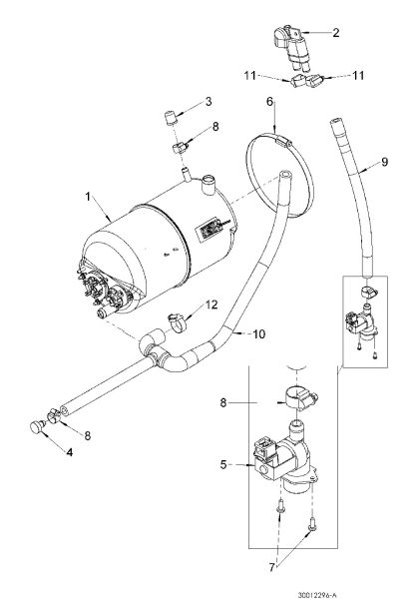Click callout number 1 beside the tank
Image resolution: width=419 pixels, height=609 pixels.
pos(88,197)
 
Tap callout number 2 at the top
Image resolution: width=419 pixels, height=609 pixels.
pos(336,32)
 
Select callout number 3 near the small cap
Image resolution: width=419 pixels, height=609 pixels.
pos(209,102)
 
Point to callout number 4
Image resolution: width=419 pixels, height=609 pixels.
pos(70,452)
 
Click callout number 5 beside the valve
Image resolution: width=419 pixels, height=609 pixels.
pos(223,464)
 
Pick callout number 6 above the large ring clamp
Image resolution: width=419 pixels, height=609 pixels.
pos(270,102)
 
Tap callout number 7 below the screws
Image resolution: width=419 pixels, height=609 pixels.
pos(271,567)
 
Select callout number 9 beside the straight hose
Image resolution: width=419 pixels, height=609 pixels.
pos(384,162)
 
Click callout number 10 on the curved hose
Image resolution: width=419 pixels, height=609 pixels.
pos(258,334)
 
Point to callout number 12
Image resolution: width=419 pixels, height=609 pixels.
pos(211,304)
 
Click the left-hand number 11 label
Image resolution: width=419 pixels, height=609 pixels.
pos(249,75)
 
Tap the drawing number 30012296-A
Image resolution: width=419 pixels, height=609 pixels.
pos(314,595)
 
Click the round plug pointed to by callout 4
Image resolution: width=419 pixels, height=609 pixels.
pos(37,427)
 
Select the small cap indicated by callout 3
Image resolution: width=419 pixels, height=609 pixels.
pos(170,118)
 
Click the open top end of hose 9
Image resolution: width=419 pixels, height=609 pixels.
pos(335,122)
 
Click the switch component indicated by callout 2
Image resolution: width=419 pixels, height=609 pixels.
pos(292,47)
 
